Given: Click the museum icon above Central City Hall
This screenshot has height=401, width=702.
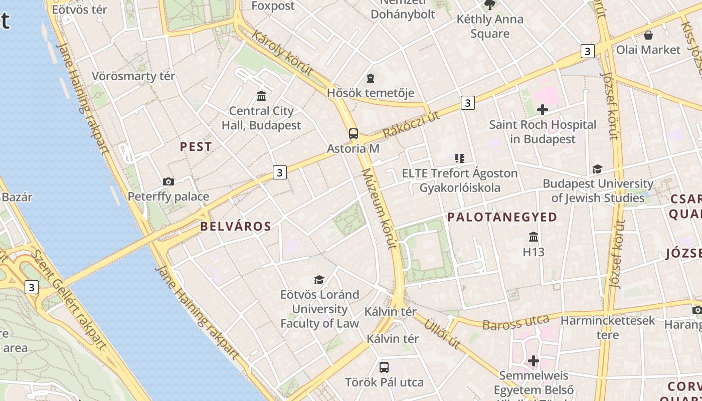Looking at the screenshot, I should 261,96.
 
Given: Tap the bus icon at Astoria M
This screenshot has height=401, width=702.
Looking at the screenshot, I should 354,134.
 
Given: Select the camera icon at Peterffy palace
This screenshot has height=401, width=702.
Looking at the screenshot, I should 168,181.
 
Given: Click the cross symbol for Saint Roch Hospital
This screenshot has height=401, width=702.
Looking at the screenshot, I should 542,110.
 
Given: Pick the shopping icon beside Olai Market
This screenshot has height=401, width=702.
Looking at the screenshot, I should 648,35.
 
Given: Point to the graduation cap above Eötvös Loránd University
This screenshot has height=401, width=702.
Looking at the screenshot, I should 319,280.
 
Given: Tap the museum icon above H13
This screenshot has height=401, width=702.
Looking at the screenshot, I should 534,237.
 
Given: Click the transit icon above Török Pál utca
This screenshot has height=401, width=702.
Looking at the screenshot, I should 384,367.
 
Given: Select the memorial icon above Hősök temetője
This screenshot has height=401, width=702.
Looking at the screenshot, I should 371,78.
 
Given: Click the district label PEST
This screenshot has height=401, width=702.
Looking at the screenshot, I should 196,147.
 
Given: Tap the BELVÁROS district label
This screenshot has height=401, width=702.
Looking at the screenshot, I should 236,226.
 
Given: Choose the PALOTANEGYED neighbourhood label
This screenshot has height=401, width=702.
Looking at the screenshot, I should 502,217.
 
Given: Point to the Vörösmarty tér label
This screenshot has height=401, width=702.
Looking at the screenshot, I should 133,76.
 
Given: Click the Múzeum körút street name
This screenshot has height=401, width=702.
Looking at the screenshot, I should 379,209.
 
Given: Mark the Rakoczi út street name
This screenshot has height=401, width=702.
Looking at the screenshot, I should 411,124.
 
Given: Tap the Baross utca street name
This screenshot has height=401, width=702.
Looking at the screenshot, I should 515,321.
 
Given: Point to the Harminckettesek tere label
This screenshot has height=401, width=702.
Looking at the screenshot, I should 608,327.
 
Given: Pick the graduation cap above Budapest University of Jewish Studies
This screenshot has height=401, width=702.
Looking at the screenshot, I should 597,169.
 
